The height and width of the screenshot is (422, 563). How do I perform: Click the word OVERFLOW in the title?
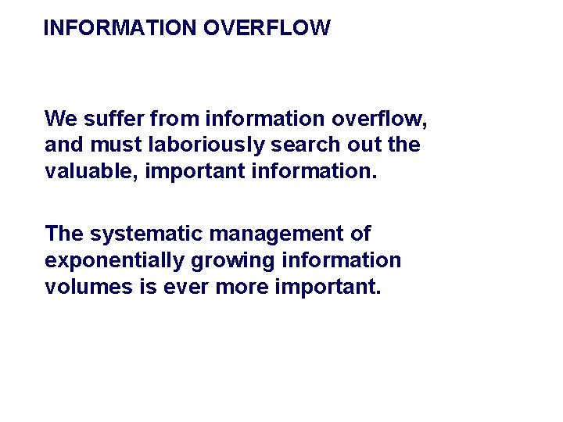tap(267, 28)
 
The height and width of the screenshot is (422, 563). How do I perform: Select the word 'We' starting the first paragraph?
tap(59, 119)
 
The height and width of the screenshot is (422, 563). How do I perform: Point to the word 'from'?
tap(175, 119)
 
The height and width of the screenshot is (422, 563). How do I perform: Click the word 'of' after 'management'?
tap(360, 234)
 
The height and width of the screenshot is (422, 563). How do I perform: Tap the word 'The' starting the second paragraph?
tap(64, 234)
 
